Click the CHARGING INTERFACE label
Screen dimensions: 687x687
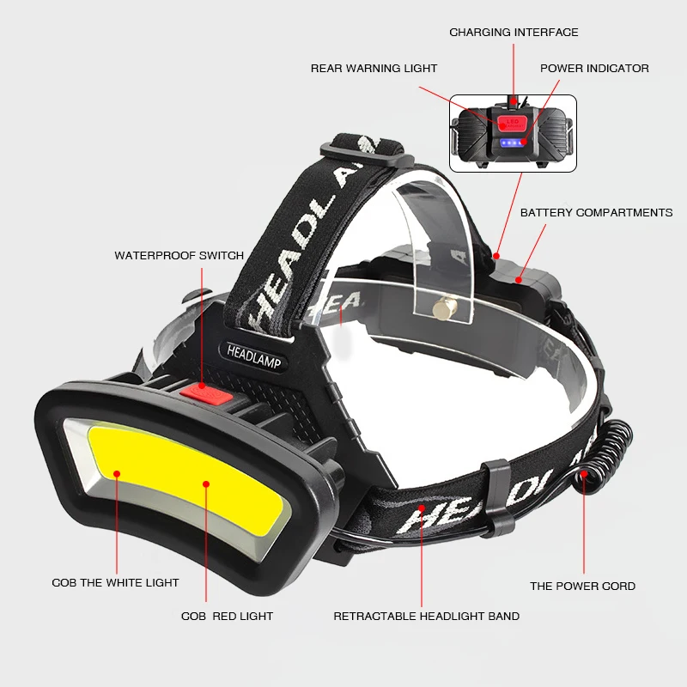coord(514,33)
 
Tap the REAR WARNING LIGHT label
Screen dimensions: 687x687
coord(374,69)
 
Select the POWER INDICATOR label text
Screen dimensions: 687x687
coord(594,69)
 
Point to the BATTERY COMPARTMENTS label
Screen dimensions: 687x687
coord(596,213)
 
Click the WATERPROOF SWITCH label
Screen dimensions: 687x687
coord(179,256)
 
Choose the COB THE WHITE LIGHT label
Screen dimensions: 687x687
coord(115,583)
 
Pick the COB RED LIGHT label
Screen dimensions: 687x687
coord(227,617)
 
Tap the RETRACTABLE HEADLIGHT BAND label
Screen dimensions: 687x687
coord(426,617)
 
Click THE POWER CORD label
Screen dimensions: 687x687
coord(582,587)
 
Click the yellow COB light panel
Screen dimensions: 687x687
coord(185,481)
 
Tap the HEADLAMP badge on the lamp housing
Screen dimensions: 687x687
coord(255,352)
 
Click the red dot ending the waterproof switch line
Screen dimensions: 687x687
coord(202,389)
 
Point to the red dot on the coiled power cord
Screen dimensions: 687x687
coord(584,473)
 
